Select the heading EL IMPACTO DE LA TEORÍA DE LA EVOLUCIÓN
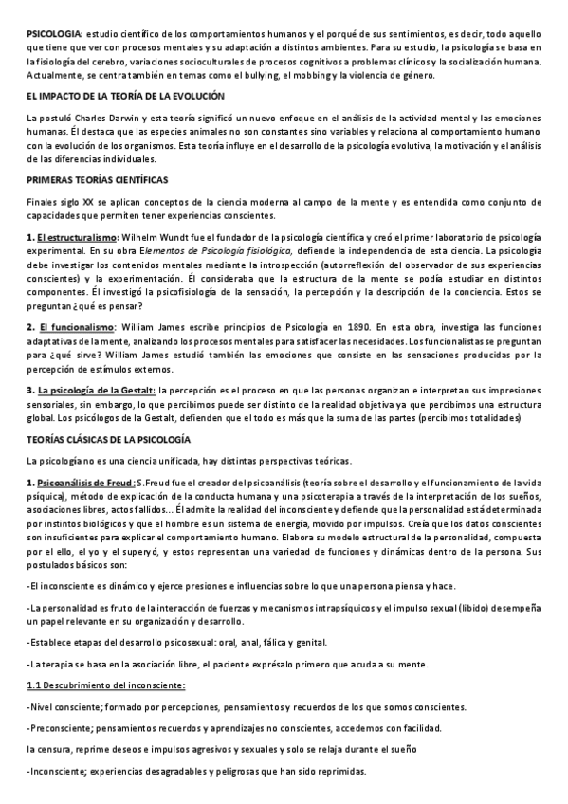pos(125,96)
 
